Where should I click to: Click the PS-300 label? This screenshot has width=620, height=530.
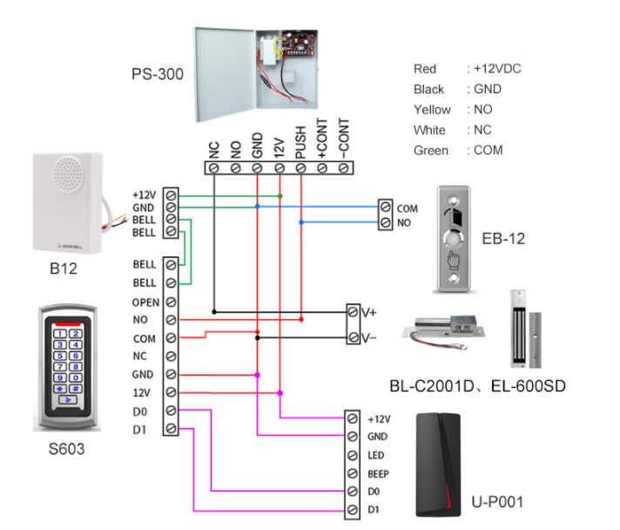[x=158, y=74]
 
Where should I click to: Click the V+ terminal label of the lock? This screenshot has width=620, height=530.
[x=373, y=311]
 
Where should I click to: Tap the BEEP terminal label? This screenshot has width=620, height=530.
[x=380, y=473]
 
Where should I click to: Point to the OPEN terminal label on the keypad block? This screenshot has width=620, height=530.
[x=145, y=302]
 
